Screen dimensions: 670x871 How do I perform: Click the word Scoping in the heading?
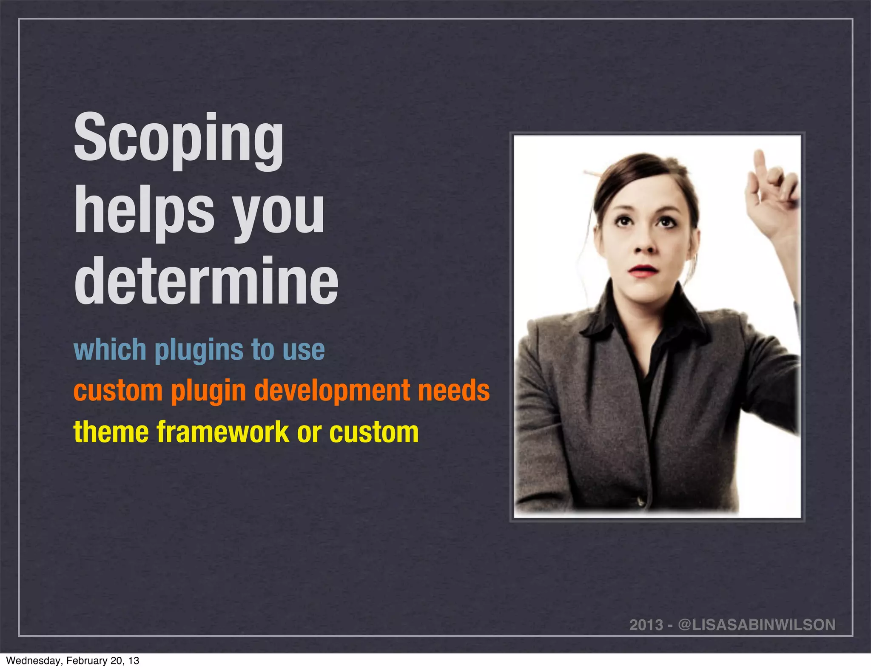click(179, 140)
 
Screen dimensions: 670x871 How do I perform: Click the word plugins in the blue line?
click(199, 351)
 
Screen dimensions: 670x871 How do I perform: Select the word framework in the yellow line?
click(223, 432)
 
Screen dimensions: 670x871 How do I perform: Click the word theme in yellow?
click(111, 432)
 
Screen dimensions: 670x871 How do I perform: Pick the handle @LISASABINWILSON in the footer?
click(757, 625)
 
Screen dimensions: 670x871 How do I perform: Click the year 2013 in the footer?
click(646, 625)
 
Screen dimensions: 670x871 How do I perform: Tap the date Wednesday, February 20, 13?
click(73, 661)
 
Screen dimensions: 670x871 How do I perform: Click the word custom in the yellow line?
click(374, 432)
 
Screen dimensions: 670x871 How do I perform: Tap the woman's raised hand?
click(772, 191)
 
